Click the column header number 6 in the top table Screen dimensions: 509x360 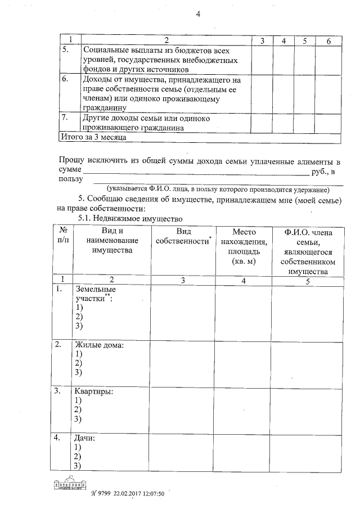point(327,40)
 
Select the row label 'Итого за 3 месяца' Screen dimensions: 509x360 point(93,137)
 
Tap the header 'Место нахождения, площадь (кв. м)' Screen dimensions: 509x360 point(243,246)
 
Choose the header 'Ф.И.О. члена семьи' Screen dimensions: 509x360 point(307,251)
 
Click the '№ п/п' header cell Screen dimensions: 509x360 point(64,236)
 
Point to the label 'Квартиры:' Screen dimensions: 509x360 point(93,391)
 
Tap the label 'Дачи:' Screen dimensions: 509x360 point(85,437)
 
